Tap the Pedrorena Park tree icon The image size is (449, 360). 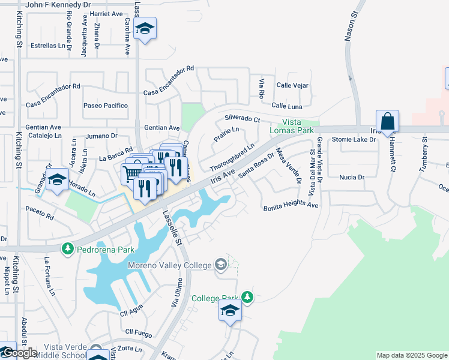(68, 248)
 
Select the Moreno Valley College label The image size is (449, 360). (169, 265)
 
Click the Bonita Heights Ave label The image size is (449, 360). (291, 206)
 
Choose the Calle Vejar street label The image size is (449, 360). (292, 86)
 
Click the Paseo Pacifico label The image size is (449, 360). (106, 106)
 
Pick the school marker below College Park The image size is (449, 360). (229, 311)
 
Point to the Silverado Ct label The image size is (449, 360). (243, 118)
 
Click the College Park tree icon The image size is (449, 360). (247, 297)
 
